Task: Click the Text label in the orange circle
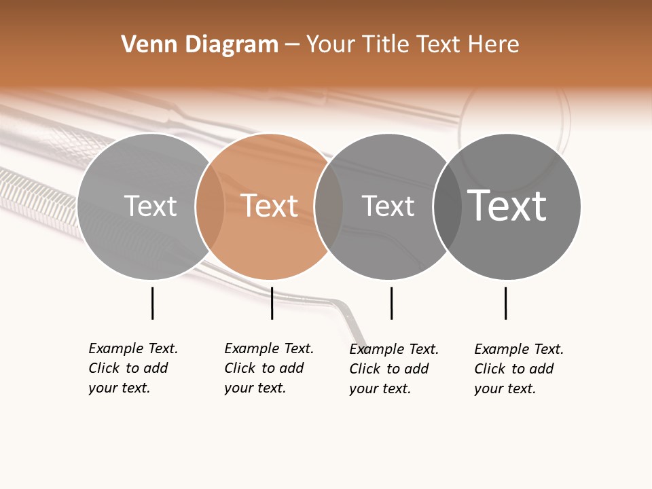click(x=270, y=206)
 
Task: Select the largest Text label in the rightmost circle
click(x=507, y=205)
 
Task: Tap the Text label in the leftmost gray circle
click(x=150, y=206)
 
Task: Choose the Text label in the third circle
click(x=388, y=206)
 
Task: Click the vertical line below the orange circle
click(x=272, y=303)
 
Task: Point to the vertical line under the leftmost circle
click(x=152, y=303)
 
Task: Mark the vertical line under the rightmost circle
click(x=505, y=303)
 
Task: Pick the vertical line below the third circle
click(x=391, y=303)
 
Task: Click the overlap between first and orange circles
click(x=210, y=206)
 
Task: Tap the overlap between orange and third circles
click(x=329, y=206)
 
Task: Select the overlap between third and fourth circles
click(x=448, y=206)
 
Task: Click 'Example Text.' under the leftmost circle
click(x=133, y=348)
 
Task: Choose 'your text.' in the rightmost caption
click(x=505, y=388)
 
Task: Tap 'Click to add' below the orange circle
click(x=264, y=368)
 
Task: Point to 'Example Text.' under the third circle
click(x=394, y=349)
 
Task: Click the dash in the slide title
click(x=292, y=45)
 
